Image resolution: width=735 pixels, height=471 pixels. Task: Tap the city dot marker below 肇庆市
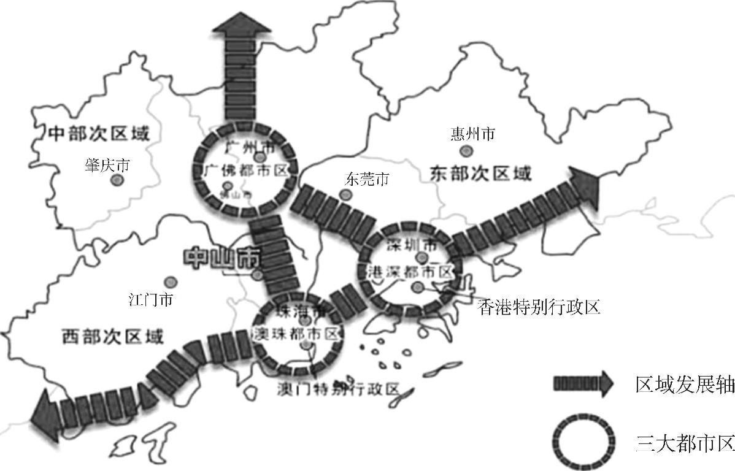coord(116,180)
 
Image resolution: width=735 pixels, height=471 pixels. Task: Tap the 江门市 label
coord(150,300)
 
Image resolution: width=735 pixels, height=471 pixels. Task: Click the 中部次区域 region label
coord(98,133)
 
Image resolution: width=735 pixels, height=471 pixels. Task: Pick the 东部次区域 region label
coord(477,174)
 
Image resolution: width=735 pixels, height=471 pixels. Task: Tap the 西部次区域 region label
coord(113,336)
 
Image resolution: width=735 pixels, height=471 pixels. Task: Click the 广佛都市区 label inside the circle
coord(245,171)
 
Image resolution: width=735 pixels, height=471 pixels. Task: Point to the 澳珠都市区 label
coord(297,334)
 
